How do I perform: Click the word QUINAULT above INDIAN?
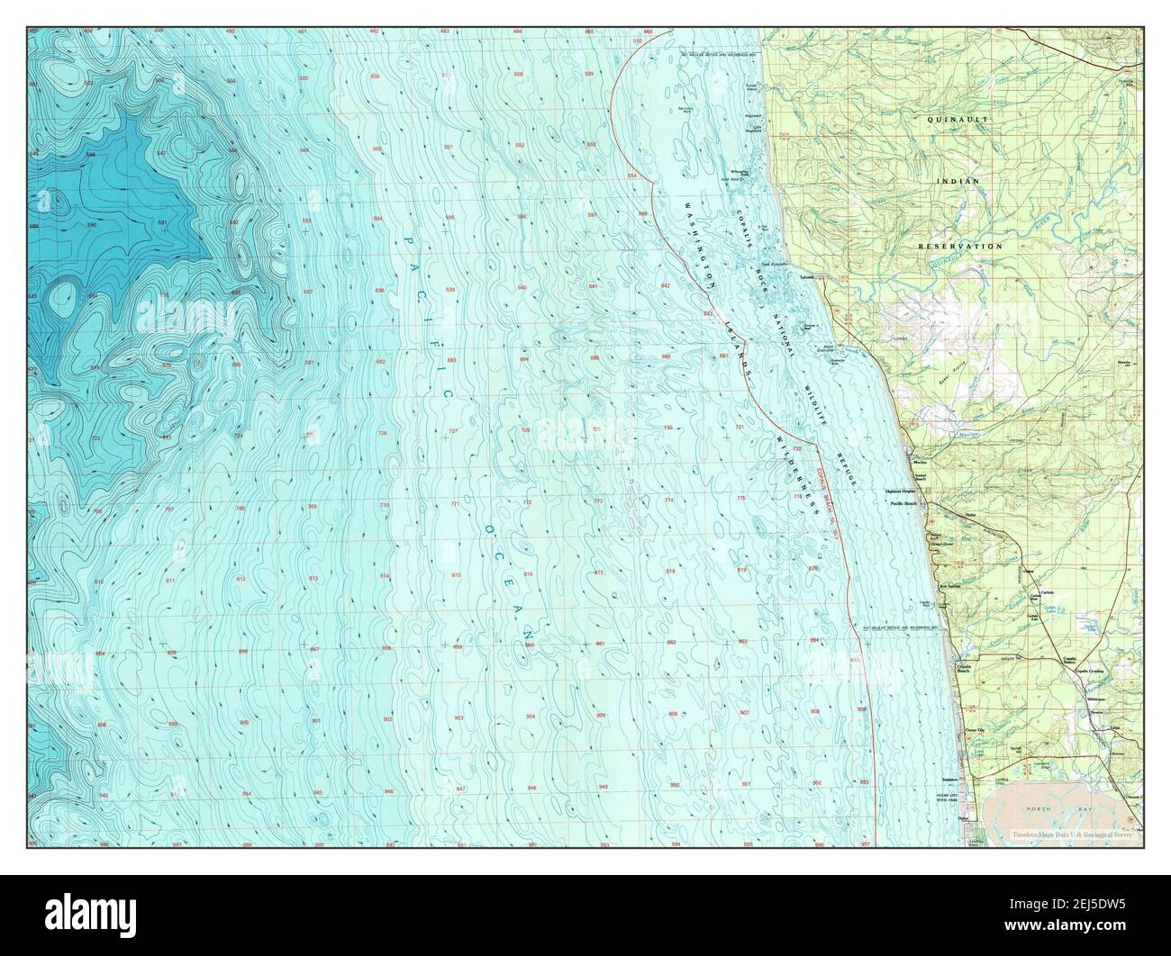click(x=959, y=118)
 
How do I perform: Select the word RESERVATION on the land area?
click(x=959, y=245)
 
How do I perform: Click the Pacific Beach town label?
click(x=903, y=504)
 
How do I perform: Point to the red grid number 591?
click(x=163, y=222)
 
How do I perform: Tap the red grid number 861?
click(x=600, y=644)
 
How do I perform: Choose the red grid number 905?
click(x=601, y=715)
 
